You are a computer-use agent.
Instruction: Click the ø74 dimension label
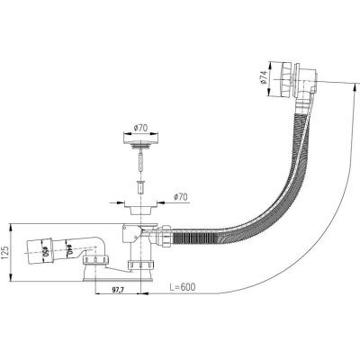coord(264,78)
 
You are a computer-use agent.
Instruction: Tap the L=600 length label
coord(182,287)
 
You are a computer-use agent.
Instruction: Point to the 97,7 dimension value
coord(118,290)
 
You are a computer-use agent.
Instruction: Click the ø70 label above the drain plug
coord(140,128)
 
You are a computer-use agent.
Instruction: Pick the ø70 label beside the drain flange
coord(180,197)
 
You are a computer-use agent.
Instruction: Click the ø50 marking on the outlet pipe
coord(46,250)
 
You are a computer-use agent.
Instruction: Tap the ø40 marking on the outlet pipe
coord(69,249)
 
